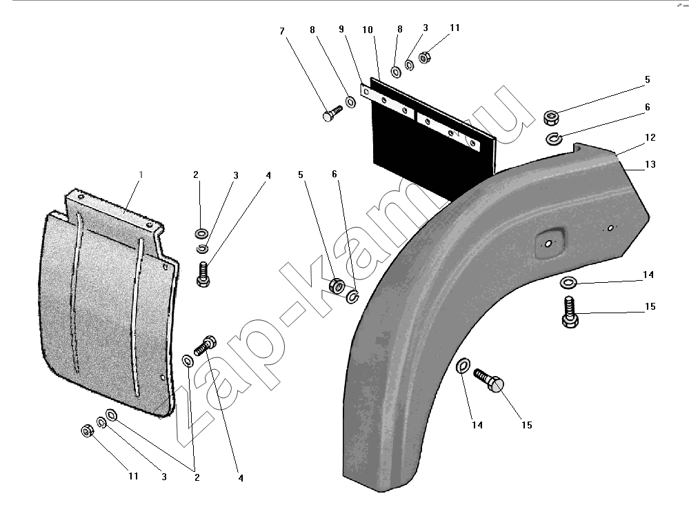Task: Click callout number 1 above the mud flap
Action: [x=141, y=175]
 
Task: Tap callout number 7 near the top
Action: [x=282, y=31]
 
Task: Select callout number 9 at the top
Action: [x=341, y=29]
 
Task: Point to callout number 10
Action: [x=368, y=30]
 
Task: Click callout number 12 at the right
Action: [x=650, y=137]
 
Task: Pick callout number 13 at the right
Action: [x=650, y=164]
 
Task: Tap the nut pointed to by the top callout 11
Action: [x=424, y=57]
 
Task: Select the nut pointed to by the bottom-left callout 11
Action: [x=87, y=431]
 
